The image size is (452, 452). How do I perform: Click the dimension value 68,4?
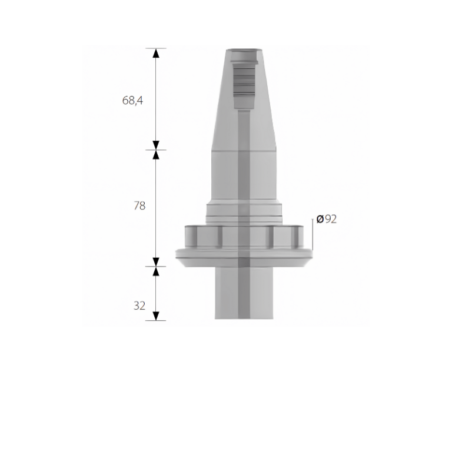click(132, 100)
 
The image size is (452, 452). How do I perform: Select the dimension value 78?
click(139, 205)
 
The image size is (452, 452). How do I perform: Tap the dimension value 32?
click(139, 305)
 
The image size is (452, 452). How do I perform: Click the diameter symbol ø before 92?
click(320, 219)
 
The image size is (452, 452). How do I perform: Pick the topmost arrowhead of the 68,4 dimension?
click(156, 53)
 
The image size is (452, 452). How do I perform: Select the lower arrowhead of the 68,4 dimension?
click(156, 145)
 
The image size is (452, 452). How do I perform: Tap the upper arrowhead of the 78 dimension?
click(156, 155)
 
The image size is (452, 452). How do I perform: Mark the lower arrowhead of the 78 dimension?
click(156, 261)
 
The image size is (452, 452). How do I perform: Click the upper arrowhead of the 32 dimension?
click(156, 271)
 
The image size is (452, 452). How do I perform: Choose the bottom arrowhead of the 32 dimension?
click(156, 315)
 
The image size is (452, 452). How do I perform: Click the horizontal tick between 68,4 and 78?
click(156, 149)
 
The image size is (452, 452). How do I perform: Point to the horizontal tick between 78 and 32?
click(156, 266)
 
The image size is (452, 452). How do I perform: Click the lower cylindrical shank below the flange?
click(244, 294)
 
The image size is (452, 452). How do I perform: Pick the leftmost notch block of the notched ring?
click(195, 236)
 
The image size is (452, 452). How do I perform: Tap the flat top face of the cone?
click(244, 46)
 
